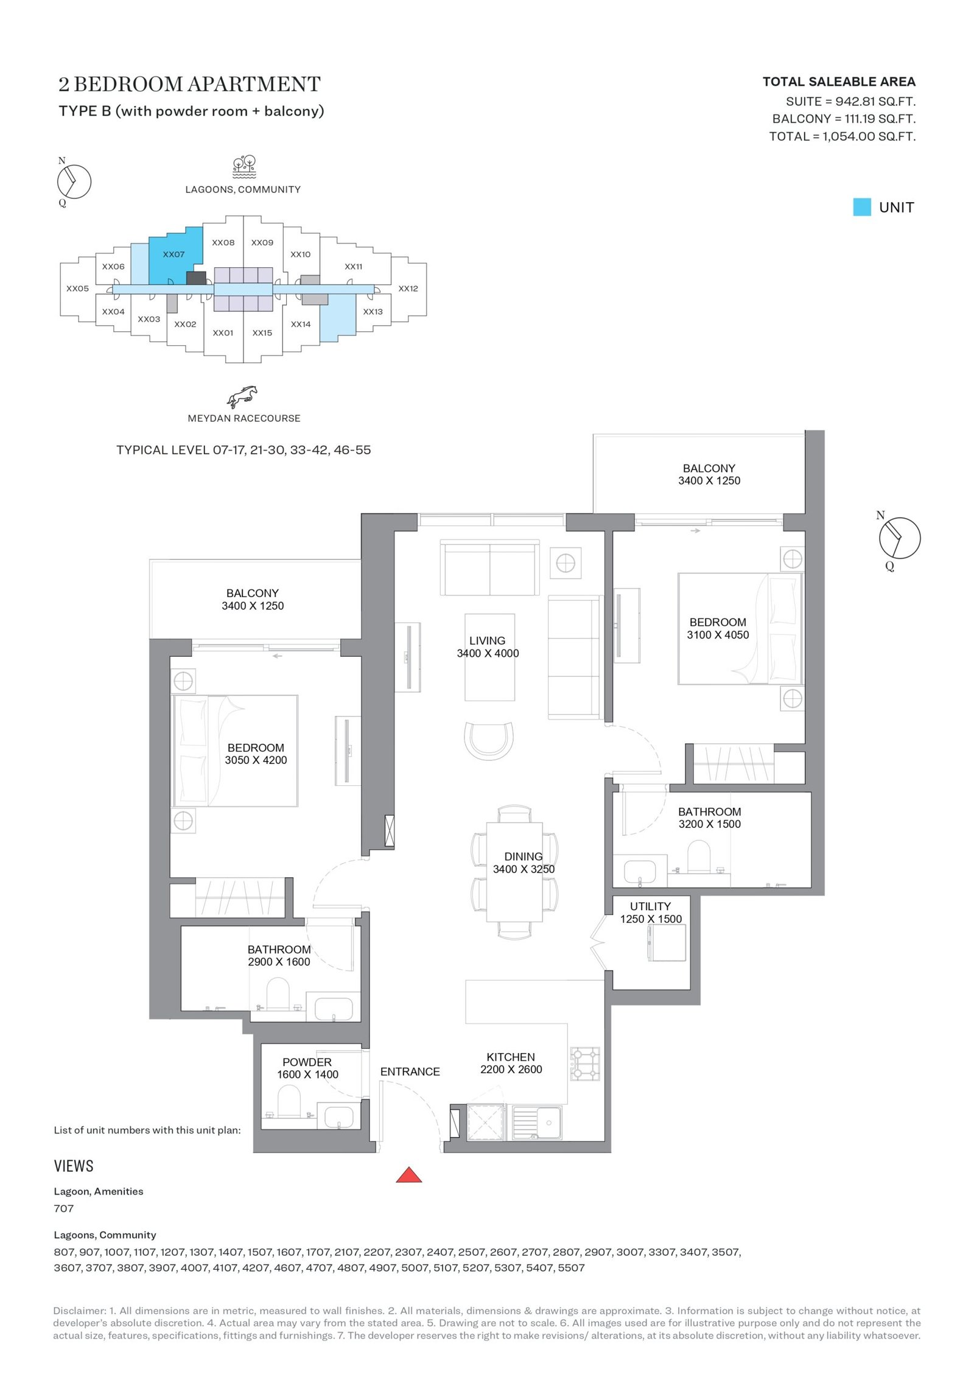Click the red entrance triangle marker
click(x=408, y=1175)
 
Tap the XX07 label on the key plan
click(x=173, y=254)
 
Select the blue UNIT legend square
click(x=861, y=207)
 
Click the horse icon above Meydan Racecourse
click(x=242, y=396)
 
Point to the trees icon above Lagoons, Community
click(x=244, y=167)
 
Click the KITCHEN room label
click(x=511, y=1057)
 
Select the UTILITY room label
click(x=650, y=906)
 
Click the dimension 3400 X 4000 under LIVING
click(x=488, y=653)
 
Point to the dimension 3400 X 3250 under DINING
click(x=524, y=869)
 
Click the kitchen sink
click(x=537, y=1123)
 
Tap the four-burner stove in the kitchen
click(x=585, y=1063)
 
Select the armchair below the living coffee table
click(x=489, y=741)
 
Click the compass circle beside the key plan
click(x=74, y=181)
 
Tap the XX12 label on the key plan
click(x=408, y=289)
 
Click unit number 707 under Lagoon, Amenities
click(x=64, y=1208)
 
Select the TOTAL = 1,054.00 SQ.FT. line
click(x=842, y=136)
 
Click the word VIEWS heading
click(x=74, y=1166)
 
